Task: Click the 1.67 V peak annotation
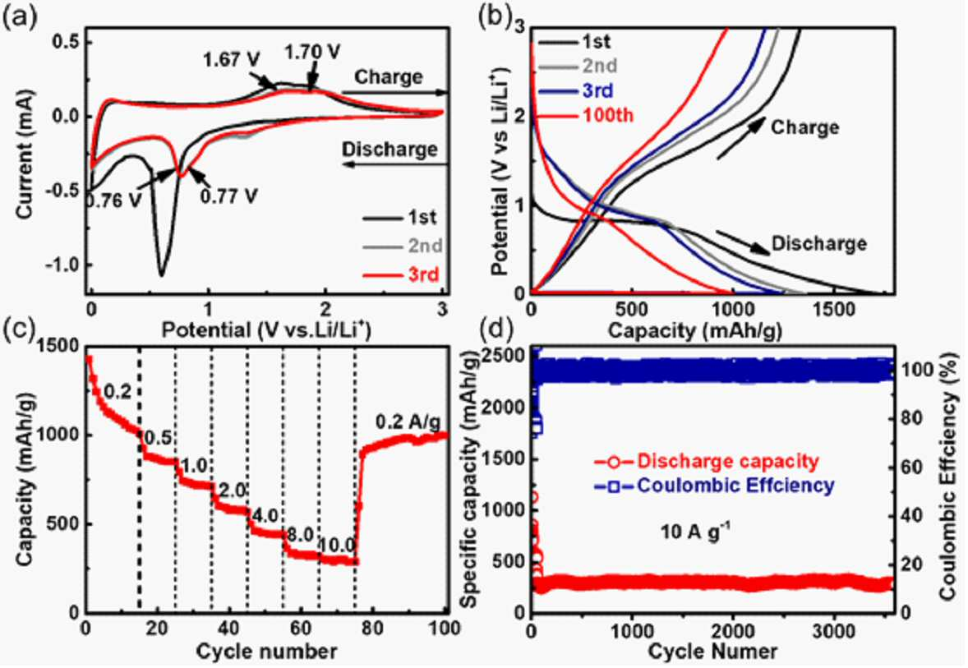click(232, 61)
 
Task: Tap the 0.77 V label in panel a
click(228, 196)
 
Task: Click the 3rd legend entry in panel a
click(401, 274)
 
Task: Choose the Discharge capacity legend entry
click(706, 461)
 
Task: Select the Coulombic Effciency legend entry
click(714, 486)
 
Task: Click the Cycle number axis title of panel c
click(266, 651)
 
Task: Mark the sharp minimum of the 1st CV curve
click(161, 275)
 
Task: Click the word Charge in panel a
click(389, 77)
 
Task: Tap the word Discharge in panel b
click(819, 244)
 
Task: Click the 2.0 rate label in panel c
click(229, 491)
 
